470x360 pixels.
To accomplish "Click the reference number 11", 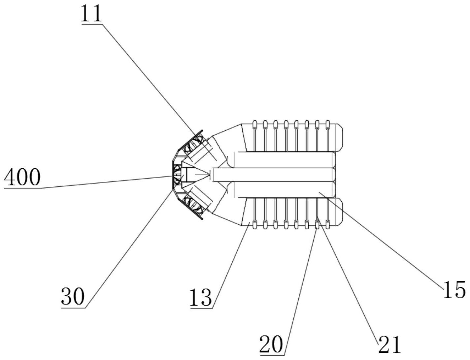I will click(92, 14).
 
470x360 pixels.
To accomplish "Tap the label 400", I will click(22, 178).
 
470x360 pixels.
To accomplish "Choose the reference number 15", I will click(454, 290).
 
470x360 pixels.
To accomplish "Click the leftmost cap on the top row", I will click(254, 124).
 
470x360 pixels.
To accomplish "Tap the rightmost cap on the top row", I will click(328, 124).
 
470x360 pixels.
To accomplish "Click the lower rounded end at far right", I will click(339, 212).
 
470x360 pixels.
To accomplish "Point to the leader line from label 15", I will click(380, 238).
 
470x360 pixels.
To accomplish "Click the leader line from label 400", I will click(106, 182).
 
